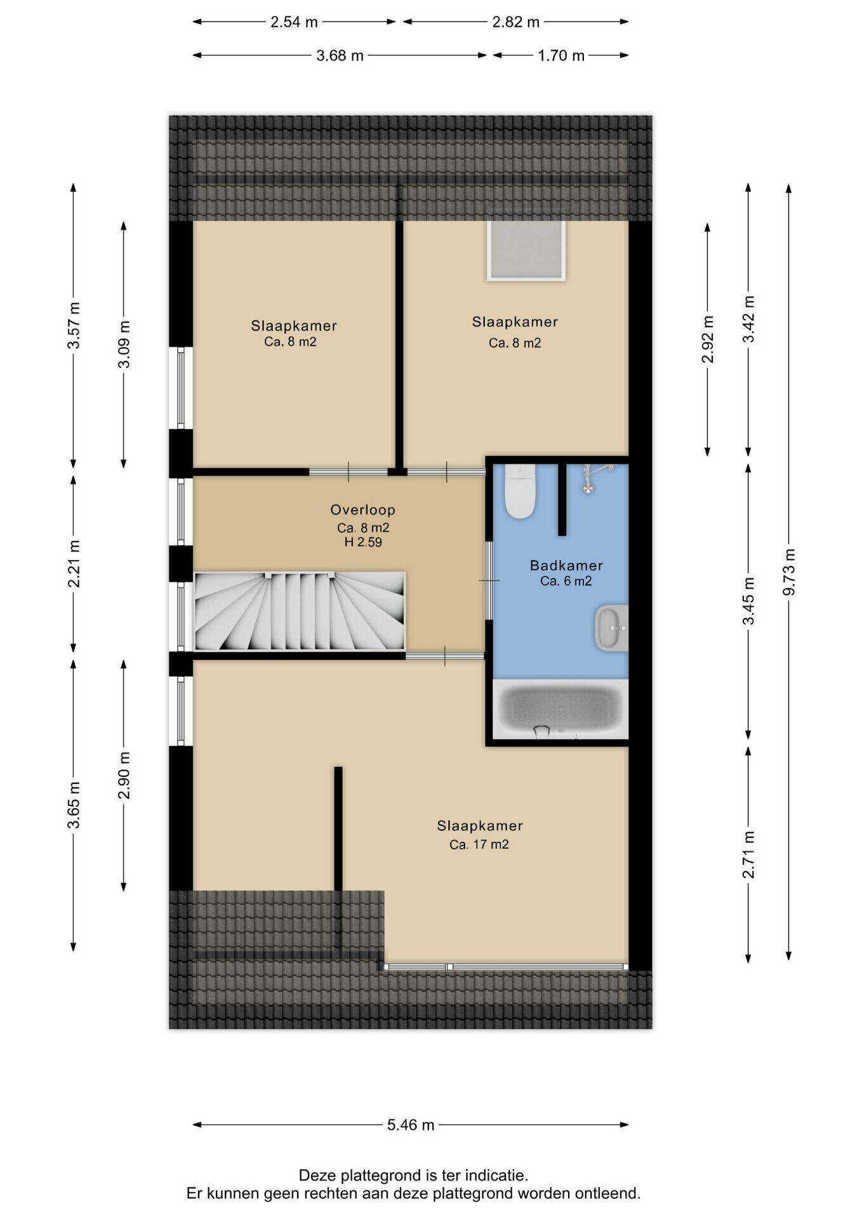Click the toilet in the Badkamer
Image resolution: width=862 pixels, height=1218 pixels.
point(520,491)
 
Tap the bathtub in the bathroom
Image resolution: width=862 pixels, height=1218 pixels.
point(560,709)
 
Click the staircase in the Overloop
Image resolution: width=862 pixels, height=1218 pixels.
point(300,611)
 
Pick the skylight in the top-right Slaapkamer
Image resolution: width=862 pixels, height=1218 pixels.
point(526,249)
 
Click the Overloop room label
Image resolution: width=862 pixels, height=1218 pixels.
point(362,509)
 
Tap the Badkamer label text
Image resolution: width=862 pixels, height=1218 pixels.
point(566,565)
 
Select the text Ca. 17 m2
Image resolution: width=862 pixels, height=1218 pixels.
point(479,844)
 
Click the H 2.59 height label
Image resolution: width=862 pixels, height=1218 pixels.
point(363,542)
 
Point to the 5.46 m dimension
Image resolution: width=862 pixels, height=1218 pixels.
point(411,1125)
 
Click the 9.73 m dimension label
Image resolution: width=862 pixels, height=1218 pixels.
point(788,572)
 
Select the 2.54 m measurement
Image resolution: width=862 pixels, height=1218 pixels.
point(294,22)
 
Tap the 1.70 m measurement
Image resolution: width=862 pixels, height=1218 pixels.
point(561,55)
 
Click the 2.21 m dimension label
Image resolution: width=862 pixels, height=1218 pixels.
point(74,564)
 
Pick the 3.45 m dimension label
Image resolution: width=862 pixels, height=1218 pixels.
point(748,601)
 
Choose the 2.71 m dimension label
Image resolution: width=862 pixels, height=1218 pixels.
point(748,855)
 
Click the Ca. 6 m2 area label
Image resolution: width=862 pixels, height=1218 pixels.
point(566,581)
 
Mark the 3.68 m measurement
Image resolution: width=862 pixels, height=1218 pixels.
point(340,55)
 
